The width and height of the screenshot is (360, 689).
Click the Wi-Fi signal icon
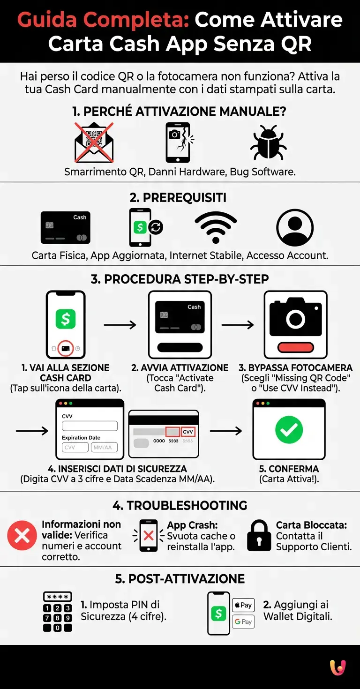[215, 227]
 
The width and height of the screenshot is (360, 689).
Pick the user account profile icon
[295, 227]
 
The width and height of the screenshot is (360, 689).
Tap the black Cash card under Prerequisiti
[65, 227]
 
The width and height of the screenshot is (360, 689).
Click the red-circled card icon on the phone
[66, 348]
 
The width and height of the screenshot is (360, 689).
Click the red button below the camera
[295, 347]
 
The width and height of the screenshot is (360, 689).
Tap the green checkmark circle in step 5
[289, 430]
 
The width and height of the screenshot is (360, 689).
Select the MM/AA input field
[104, 448]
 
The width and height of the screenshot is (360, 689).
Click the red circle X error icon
[22, 535]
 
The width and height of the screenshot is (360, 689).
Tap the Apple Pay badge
[243, 605]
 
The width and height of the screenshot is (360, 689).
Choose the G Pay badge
[243, 622]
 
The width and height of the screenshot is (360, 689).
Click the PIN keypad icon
[57, 612]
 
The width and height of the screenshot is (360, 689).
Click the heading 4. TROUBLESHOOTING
[180, 506]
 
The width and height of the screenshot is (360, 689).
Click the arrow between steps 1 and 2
[120, 324]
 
